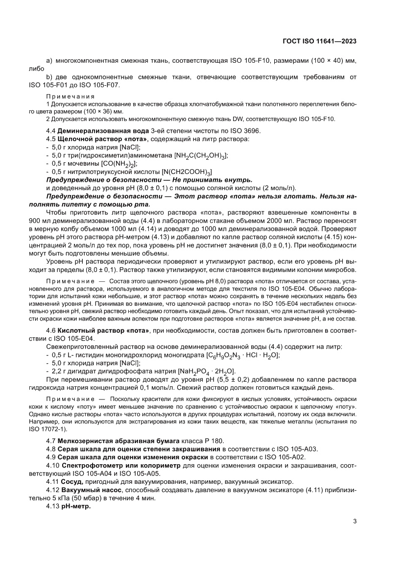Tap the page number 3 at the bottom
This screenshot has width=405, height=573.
point(355,521)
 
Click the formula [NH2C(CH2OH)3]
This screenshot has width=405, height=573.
point(201,155)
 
